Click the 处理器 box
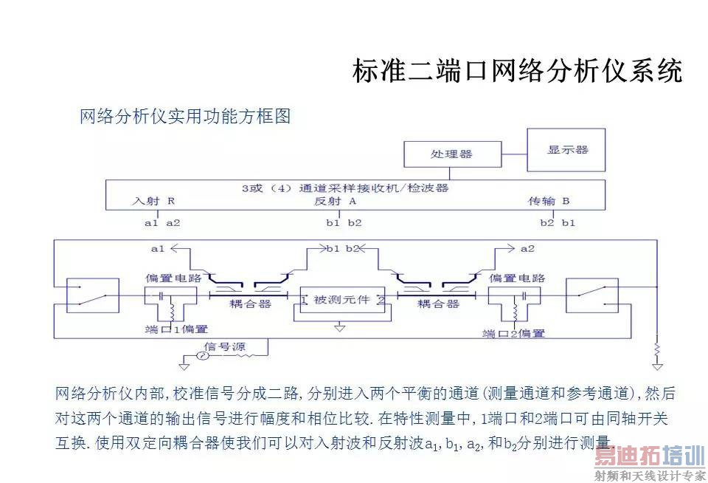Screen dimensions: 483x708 click(451, 154)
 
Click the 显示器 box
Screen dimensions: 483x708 click(566, 150)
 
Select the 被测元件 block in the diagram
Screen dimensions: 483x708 click(339, 301)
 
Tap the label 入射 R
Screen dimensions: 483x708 click(153, 200)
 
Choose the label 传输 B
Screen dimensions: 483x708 click(549, 200)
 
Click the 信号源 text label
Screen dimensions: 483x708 click(224, 346)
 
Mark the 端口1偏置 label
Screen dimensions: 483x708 click(176, 329)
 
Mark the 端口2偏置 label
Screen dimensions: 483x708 click(513, 333)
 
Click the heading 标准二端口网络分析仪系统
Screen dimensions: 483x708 click(517, 72)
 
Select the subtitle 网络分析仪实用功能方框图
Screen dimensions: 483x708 click(185, 116)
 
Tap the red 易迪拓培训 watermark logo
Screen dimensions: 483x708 click(649, 457)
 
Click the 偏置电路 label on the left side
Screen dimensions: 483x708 click(170, 278)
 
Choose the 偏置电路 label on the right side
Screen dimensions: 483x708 click(517, 278)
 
